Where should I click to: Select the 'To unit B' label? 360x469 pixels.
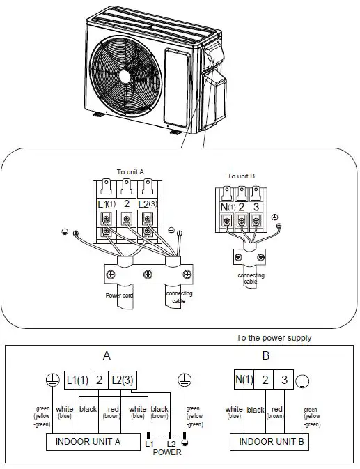click(240, 177)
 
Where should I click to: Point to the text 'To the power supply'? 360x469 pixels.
click(274, 338)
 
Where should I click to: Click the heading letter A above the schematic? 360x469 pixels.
click(107, 355)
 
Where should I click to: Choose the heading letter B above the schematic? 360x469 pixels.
click(266, 355)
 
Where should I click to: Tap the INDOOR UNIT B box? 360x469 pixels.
click(269, 441)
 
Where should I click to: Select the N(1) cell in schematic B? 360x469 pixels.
click(243, 380)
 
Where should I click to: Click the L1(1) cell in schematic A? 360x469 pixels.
click(78, 380)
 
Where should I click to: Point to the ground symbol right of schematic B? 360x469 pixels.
click(302, 381)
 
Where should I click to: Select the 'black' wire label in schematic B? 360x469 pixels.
click(256, 410)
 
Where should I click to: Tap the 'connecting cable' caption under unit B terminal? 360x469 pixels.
click(251, 279)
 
